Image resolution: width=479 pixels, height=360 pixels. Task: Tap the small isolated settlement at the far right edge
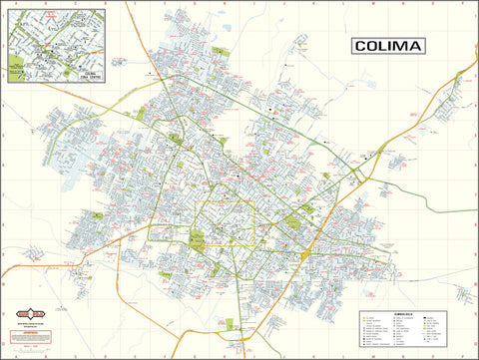pos(464,291)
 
